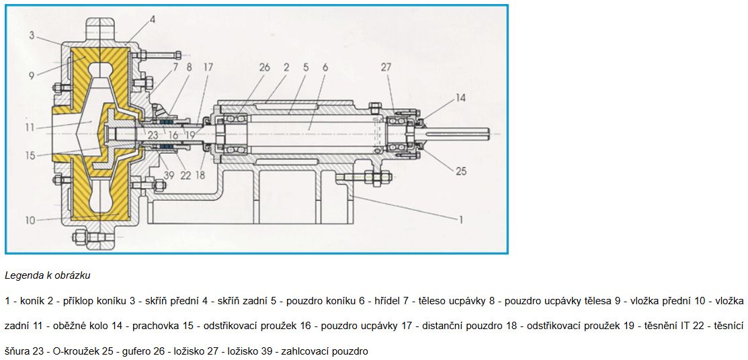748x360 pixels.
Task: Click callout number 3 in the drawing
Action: [x=32, y=36]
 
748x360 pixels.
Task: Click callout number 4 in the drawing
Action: [x=152, y=19]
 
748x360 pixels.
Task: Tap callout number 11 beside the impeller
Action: [x=31, y=128]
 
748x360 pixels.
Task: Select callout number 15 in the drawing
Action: [x=31, y=155]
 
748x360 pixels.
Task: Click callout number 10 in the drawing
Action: [x=30, y=220]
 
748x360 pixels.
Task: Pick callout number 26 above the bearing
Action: [x=264, y=67]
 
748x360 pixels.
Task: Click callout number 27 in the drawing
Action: [x=386, y=67]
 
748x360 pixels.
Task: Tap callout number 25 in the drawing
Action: [x=461, y=171]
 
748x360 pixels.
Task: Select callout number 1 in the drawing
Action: [x=460, y=220]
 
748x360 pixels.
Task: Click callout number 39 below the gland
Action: [x=169, y=175]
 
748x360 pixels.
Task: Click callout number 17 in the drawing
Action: [x=208, y=67]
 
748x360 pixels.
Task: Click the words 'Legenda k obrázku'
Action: [x=47, y=275]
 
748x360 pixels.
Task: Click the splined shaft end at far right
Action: [x=457, y=134]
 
